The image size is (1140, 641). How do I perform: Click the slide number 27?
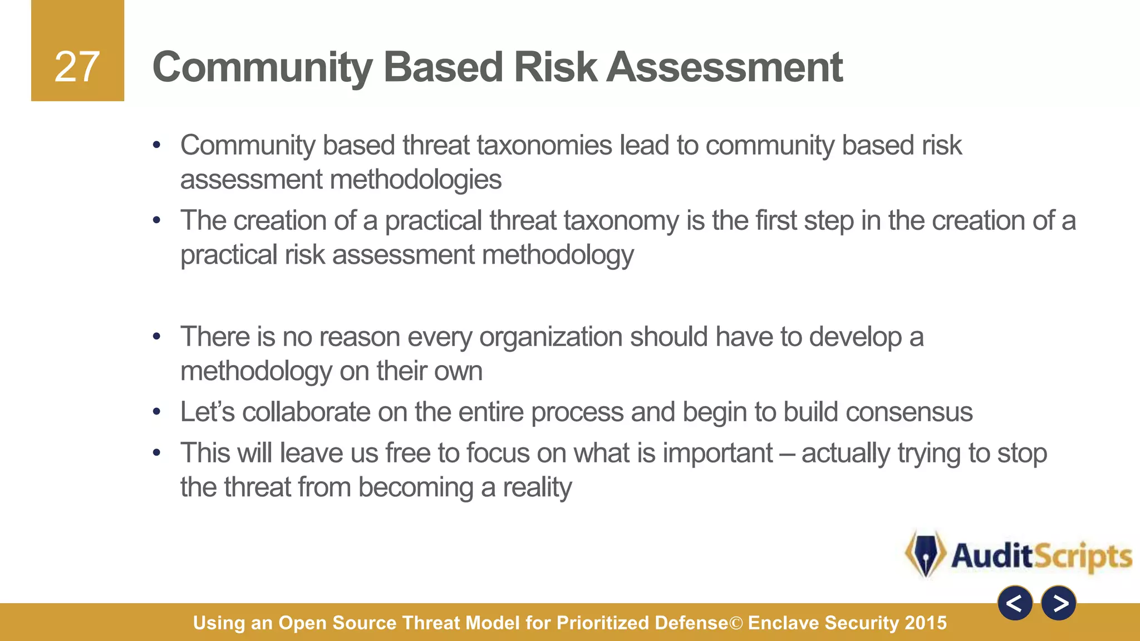coord(77,67)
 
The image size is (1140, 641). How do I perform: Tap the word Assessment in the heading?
coord(724,67)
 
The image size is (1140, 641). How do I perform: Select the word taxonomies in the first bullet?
coord(544,145)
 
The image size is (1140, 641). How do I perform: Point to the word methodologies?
coord(415,180)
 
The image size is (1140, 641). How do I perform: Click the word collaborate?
coord(306,412)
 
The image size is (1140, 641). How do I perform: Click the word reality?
coord(537,487)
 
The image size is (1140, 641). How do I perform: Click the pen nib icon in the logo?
coord(925,554)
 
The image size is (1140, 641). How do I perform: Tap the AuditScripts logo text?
coord(1041,556)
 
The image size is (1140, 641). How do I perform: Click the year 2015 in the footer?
coord(926,623)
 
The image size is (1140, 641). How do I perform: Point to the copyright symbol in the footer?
coord(736,623)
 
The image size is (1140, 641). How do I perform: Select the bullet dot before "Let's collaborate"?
coord(157,412)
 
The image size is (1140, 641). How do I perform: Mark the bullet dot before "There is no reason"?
coord(157,337)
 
